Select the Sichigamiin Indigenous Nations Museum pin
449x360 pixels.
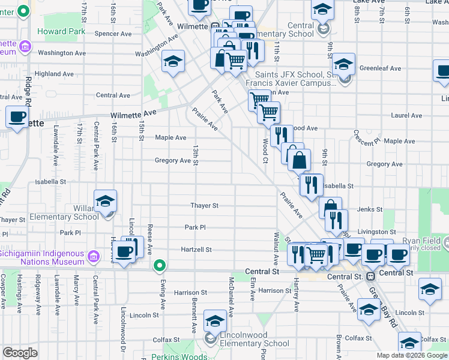93,257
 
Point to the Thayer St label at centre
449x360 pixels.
204,205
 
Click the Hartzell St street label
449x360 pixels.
197,250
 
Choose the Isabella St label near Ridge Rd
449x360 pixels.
50,181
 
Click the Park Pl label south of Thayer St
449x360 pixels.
195,227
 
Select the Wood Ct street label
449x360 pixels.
265,151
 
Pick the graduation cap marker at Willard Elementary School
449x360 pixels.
106,202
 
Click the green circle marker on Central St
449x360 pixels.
159,265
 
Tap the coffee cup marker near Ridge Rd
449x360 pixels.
17,116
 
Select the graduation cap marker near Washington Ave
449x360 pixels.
173,61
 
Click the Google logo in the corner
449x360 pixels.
20,353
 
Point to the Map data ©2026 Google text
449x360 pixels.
411,355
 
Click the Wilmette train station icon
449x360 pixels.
215,27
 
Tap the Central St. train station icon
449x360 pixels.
371,277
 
